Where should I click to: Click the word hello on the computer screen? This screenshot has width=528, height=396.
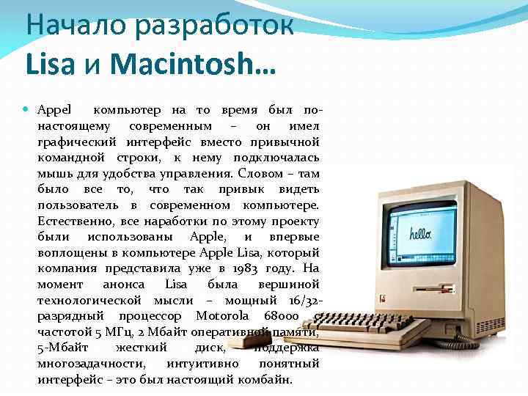coord(420,235)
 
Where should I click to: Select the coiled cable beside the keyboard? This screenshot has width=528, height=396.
coord(452,342)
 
